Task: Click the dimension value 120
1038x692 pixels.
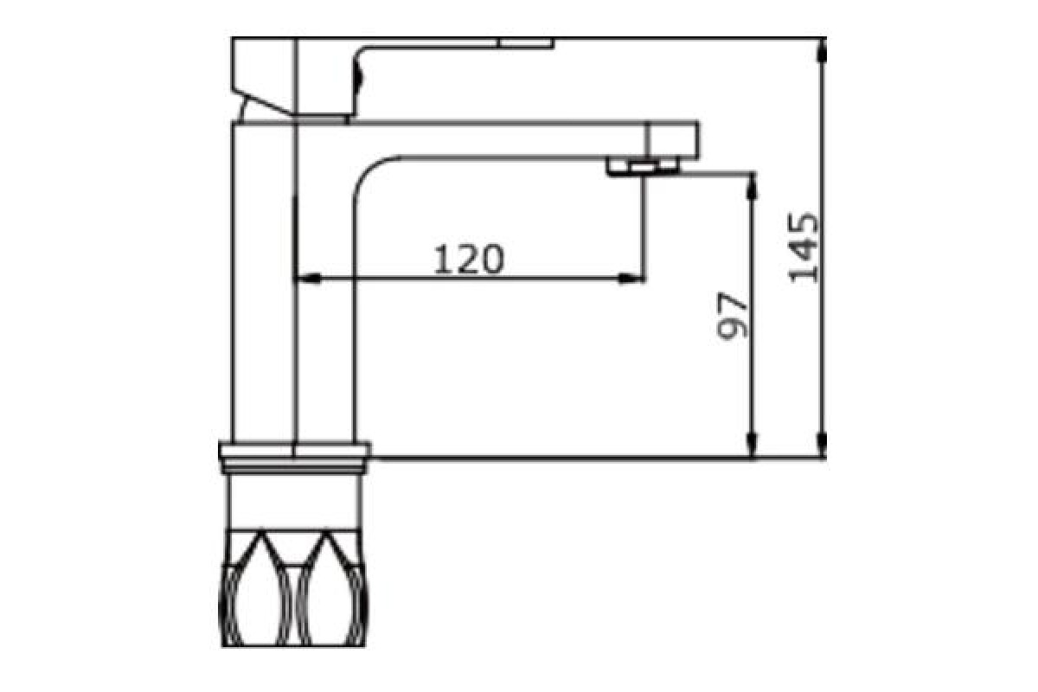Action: click(x=469, y=259)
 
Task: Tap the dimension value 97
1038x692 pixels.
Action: click(x=732, y=315)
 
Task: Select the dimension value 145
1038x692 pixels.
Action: click(x=803, y=247)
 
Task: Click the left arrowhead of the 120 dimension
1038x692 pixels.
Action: click(x=307, y=279)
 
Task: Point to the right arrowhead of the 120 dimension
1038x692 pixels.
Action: click(x=631, y=279)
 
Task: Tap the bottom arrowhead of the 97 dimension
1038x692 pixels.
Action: click(x=752, y=445)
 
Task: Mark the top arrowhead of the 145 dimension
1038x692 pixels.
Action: click(x=822, y=51)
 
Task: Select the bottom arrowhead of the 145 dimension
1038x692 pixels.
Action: click(x=822, y=445)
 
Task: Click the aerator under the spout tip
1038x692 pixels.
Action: click(x=643, y=167)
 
